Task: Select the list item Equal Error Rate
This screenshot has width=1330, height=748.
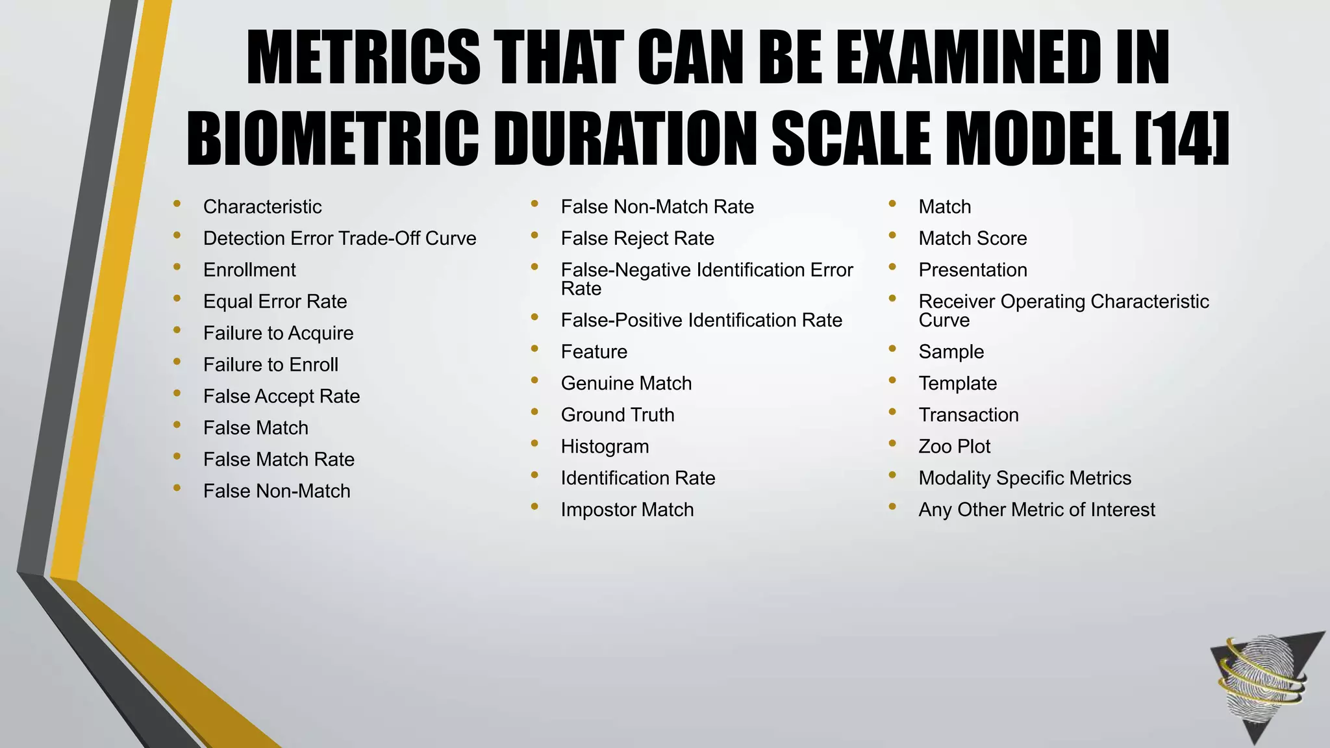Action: [x=275, y=301]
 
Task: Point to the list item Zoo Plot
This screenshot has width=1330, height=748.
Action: [x=954, y=447]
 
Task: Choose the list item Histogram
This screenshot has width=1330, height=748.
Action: [x=605, y=447]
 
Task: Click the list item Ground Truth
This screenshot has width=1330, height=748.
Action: [x=617, y=415]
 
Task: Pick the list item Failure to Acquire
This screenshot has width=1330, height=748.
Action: [x=278, y=333]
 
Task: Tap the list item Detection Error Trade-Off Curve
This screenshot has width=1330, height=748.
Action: [x=340, y=238]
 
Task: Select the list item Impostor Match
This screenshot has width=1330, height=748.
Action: [x=627, y=510]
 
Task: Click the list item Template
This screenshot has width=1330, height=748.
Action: [x=957, y=383]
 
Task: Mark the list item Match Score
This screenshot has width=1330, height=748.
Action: [x=972, y=238]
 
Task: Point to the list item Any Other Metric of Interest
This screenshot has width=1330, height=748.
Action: [x=1036, y=510]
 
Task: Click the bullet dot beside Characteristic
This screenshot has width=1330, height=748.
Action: [x=177, y=204]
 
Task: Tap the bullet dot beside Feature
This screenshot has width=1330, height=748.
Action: [x=535, y=349]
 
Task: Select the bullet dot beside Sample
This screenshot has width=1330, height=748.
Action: [x=893, y=349]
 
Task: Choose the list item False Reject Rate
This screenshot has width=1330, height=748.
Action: [x=637, y=238]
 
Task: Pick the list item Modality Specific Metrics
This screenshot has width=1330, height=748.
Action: [x=1024, y=478]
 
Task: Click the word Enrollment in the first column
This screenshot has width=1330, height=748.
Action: [x=249, y=270]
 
